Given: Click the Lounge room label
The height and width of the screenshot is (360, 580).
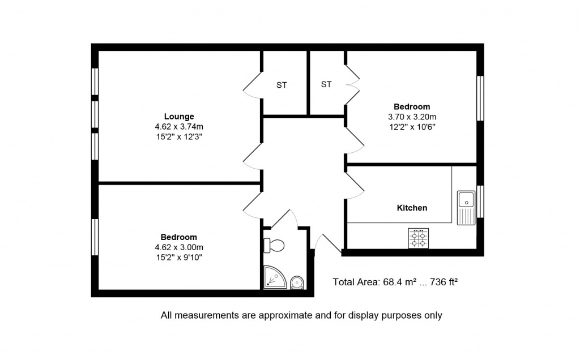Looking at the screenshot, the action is [x=179, y=117].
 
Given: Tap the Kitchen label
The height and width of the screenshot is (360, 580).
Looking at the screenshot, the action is [x=412, y=208].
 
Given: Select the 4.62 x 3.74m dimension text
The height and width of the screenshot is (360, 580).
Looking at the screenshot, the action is [x=179, y=126].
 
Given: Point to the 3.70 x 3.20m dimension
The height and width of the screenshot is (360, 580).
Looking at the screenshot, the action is [x=412, y=117].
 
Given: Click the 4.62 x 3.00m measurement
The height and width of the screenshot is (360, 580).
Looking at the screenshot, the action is [x=179, y=247].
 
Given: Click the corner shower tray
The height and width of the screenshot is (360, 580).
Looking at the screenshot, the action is [x=275, y=277].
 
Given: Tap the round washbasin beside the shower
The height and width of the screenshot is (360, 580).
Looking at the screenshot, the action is [x=297, y=283].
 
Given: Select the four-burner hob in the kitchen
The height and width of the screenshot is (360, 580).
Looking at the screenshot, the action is [x=419, y=238].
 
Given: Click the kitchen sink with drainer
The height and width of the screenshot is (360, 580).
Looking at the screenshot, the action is [x=466, y=208].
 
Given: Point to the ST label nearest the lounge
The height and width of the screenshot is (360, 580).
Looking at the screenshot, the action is [x=282, y=85].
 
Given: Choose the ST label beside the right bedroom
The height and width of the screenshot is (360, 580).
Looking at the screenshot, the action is [x=326, y=84].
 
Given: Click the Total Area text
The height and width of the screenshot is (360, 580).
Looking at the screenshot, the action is [x=395, y=282].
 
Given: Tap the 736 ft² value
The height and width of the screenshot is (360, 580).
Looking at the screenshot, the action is [x=444, y=282].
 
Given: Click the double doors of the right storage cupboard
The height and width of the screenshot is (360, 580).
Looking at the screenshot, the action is [x=352, y=85].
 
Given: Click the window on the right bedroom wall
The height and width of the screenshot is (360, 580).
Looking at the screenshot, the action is [x=480, y=98].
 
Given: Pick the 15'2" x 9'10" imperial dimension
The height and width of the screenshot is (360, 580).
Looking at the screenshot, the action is [x=179, y=257].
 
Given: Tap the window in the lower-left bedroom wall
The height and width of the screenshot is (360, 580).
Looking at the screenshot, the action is [x=95, y=237].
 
